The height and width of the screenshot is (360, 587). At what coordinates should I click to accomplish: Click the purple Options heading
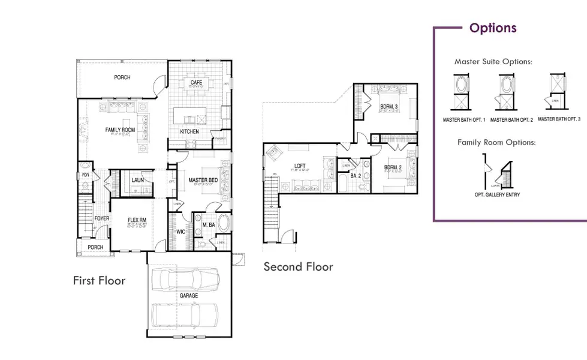pyautogui.click(x=492, y=28)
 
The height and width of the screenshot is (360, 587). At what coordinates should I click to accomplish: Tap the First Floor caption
pyautogui.click(x=99, y=280)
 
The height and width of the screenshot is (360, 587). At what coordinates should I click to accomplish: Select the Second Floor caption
pyautogui.click(x=298, y=266)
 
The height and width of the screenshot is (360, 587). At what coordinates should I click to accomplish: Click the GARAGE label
pyautogui.click(x=188, y=296)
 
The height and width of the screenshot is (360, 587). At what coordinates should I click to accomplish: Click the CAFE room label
pyautogui.click(x=196, y=82)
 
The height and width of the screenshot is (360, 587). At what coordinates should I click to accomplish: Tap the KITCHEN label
pyautogui.click(x=189, y=131)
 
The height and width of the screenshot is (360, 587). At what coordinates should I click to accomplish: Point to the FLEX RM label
pyautogui.click(x=137, y=221)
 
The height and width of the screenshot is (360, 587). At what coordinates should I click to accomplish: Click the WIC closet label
pyautogui.click(x=180, y=231)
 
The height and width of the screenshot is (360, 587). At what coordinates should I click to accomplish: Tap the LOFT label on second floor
pyautogui.click(x=300, y=166)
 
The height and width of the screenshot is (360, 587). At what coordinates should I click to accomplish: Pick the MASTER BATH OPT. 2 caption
pyautogui.click(x=511, y=120)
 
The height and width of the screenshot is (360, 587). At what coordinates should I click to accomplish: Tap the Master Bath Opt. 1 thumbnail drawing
pyautogui.click(x=462, y=92)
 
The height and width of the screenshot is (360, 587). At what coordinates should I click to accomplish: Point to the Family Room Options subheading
pyautogui.click(x=496, y=142)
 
